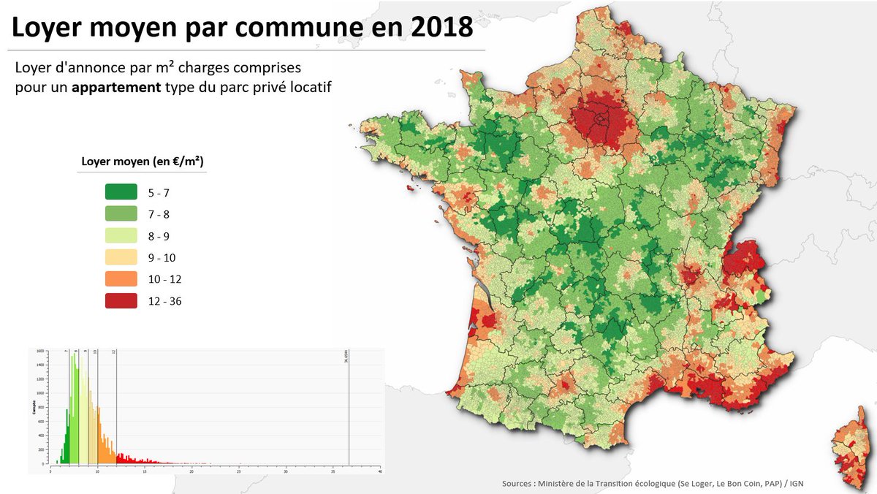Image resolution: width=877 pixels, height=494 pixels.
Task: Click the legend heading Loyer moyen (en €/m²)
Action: pyautogui.click(x=142, y=161)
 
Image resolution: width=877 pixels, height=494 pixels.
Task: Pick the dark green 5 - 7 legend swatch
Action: pyautogui.click(x=121, y=193)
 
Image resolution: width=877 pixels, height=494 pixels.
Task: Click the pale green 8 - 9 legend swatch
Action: pyautogui.click(x=121, y=236)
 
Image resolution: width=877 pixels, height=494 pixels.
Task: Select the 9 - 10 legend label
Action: pyautogui.click(x=161, y=258)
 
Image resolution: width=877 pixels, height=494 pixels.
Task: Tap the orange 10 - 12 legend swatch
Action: pyautogui.click(x=121, y=279)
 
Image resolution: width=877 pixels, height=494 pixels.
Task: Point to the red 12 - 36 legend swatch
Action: pyautogui.click(x=121, y=300)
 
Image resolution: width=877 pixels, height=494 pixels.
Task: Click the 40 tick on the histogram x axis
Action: pyautogui.click(x=380, y=471)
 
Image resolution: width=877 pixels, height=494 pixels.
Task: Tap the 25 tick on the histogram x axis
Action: pyautogui.click(x=238, y=471)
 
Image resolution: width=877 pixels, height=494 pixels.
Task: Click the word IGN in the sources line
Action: pyautogui.click(x=797, y=484)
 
